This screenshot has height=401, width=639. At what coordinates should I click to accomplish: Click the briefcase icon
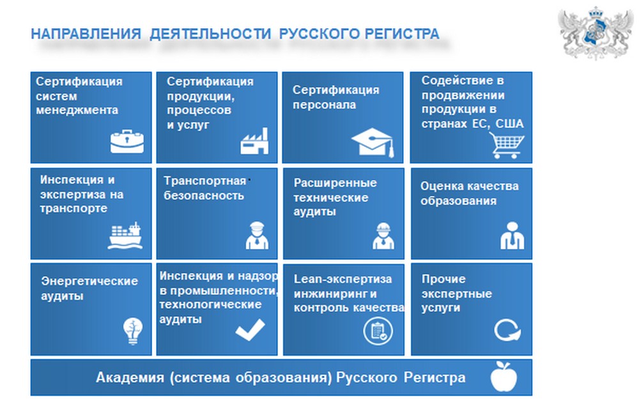[127, 141]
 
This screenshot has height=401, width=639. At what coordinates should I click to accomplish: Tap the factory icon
[254, 141]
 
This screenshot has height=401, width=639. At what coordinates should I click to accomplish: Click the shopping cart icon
[507, 145]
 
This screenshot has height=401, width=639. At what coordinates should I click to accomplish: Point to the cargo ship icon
[125, 236]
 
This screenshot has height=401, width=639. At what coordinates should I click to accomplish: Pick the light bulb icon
[133, 331]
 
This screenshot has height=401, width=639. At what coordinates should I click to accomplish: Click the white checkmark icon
[250, 329]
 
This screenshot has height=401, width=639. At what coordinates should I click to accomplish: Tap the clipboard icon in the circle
[378, 331]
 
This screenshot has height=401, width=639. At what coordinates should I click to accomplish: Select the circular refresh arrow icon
[507, 329]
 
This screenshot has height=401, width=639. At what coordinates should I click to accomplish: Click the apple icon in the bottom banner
[504, 377]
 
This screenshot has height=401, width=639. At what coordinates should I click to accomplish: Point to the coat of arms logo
[596, 33]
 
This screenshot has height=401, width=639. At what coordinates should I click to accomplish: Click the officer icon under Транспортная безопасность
[257, 236]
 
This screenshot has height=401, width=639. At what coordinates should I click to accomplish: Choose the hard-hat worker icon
[383, 236]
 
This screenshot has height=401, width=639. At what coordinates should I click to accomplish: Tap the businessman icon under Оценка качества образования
[512, 236]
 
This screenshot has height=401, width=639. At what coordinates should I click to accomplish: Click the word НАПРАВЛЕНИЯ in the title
[86, 34]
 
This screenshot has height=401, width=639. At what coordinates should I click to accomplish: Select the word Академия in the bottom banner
[130, 377]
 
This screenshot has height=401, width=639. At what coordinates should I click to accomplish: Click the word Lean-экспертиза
[343, 279]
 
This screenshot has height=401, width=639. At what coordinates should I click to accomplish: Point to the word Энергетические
[89, 281]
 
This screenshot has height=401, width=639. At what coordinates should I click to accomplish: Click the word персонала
[324, 105]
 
